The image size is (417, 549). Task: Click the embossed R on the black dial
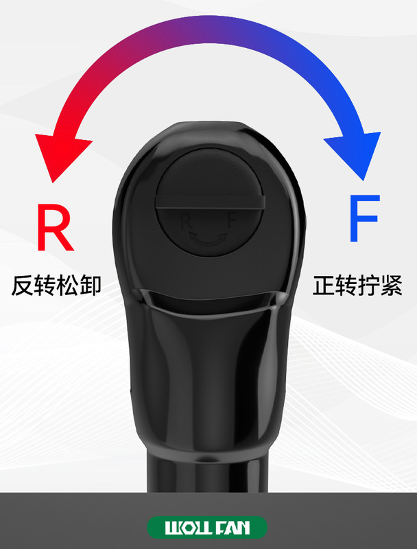click(185, 221)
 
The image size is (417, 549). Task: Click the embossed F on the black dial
click(231, 221)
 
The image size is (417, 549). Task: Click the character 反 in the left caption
click(23, 285)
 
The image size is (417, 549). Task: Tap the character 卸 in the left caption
click(90, 285)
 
